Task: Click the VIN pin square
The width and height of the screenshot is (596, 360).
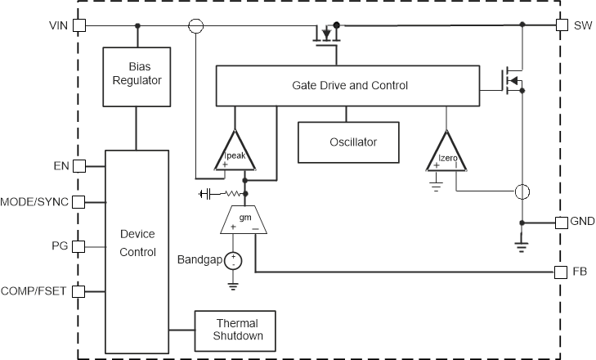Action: click(79, 25)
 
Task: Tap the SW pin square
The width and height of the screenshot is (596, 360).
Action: click(562, 25)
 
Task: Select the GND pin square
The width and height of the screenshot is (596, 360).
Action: click(562, 223)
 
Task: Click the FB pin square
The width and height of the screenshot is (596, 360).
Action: click(562, 272)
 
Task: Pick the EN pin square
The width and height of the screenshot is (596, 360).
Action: click(79, 166)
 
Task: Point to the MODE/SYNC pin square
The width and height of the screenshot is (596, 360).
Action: click(79, 201)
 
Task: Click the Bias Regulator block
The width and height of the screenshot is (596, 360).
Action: click(137, 76)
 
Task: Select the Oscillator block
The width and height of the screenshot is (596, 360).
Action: click(353, 142)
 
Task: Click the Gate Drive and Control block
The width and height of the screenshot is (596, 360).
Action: click(350, 85)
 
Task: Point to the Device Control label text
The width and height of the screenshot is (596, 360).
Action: click(137, 243)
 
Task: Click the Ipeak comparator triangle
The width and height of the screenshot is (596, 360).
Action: click(235, 153)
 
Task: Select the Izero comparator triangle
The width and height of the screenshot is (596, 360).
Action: click(446, 153)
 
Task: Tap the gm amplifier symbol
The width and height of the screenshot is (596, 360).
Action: click(244, 222)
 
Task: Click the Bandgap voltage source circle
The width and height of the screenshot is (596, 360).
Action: click(234, 261)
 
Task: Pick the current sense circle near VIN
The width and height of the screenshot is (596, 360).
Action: click(196, 26)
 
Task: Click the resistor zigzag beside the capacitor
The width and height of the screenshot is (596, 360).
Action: click(232, 194)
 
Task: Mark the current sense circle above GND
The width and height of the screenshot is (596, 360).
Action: click(522, 192)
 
